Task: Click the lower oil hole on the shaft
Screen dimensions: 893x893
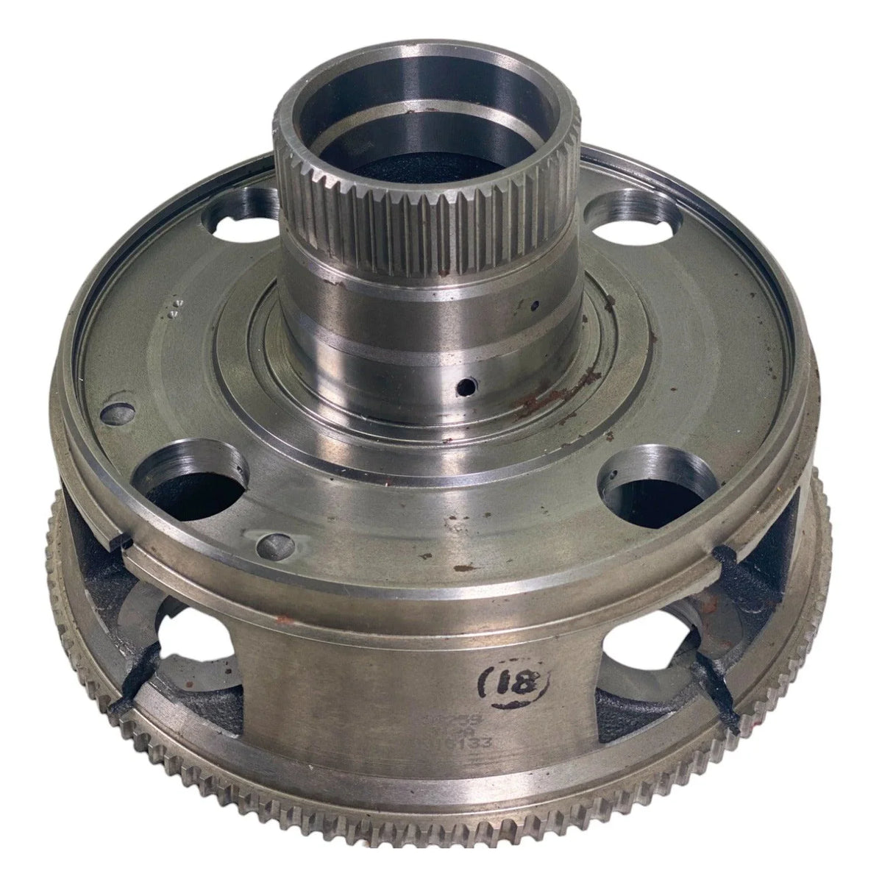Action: [x=463, y=383]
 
